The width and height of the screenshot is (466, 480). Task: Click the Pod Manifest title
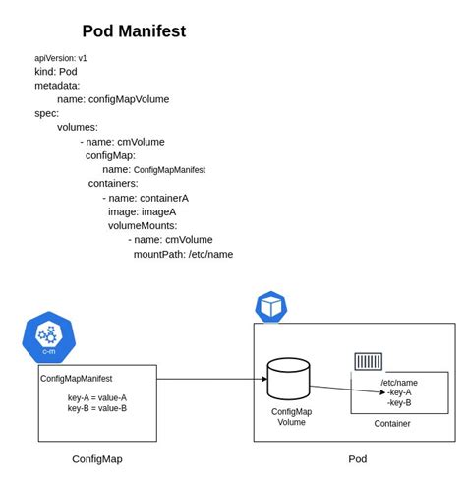coord(134,31)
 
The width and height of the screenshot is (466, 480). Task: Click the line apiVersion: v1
coord(61,58)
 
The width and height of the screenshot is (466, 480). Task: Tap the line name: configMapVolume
coord(113,99)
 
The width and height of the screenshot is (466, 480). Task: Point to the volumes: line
coord(78,127)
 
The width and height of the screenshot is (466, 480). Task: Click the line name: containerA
coord(148,198)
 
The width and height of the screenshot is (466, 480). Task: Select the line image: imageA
coord(143,211)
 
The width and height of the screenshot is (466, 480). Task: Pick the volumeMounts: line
coord(143,225)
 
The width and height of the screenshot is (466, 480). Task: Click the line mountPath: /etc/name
coord(183,254)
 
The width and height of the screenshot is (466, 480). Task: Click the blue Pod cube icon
coord(271,306)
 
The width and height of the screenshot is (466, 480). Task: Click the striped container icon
coord(369,361)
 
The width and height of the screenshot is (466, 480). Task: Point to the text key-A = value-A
coord(97,397)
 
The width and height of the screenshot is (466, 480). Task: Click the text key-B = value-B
coord(97,408)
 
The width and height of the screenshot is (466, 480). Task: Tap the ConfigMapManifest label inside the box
coord(77,378)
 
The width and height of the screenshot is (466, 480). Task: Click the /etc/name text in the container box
coord(399,382)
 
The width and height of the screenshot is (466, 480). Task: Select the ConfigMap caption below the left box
coord(97,458)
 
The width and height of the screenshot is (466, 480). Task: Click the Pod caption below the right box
coord(357,458)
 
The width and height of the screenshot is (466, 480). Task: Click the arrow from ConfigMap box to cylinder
coord(211,379)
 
